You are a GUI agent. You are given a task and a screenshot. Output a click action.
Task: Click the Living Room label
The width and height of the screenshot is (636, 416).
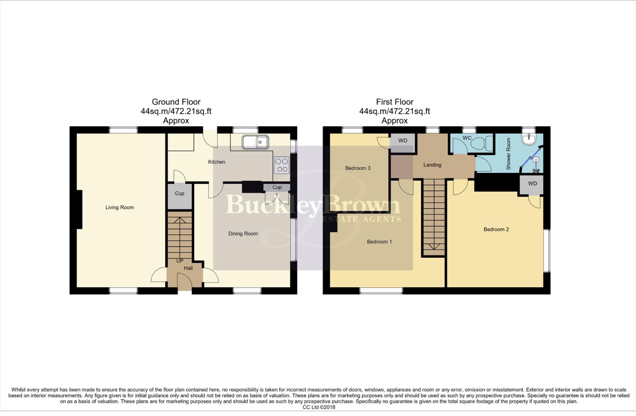pyautogui.click(x=120, y=207)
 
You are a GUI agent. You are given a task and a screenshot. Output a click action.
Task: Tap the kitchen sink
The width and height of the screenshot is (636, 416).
pyautogui.click(x=255, y=142)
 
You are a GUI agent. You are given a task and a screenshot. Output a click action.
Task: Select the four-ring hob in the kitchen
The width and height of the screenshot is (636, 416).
pyautogui.click(x=282, y=165)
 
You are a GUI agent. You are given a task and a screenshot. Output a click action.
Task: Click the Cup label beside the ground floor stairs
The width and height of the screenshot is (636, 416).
pyautogui.click(x=179, y=193)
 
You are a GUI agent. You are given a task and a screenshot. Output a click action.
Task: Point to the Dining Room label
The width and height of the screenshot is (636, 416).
pyautogui.click(x=243, y=233)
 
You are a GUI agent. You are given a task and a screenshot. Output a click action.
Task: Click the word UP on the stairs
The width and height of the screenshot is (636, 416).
pyautogui.click(x=180, y=261)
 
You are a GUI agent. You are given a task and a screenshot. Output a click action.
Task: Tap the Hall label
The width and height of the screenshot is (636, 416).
pyautogui.click(x=188, y=268)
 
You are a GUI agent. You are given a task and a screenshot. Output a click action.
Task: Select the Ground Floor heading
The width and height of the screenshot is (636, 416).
pyautogui.click(x=176, y=102)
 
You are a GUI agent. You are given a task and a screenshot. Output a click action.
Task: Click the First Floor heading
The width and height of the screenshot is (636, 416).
pyautogui.click(x=395, y=102)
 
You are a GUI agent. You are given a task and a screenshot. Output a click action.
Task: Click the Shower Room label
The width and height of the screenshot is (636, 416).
pyautogui.click(x=508, y=154)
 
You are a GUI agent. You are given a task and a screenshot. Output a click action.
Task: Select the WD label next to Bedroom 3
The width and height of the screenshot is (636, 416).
pyautogui.click(x=403, y=141)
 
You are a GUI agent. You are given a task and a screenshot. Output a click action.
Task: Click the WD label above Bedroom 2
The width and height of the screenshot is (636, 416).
pyautogui.click(x=532, y=184)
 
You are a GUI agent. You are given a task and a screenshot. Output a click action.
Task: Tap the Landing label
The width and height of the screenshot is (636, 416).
pyautogui.click(x=432, y=165)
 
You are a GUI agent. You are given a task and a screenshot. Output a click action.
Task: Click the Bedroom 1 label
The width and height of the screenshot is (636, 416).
pyautogui.click(x=379, y=242)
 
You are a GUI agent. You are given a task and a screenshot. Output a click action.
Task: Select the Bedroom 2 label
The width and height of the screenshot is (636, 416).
pyautogui.click(x=496, y=230)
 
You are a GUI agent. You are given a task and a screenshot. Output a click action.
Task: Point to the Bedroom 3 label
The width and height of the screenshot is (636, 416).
pyautogui.click(x=358, y=168)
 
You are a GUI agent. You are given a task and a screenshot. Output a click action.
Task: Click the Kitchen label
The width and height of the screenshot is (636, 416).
pyautogui.click(x=216, y=162)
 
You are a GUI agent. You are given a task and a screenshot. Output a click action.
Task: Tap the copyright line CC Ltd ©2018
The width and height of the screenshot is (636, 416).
pyautogui.click(x=319, y=407)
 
